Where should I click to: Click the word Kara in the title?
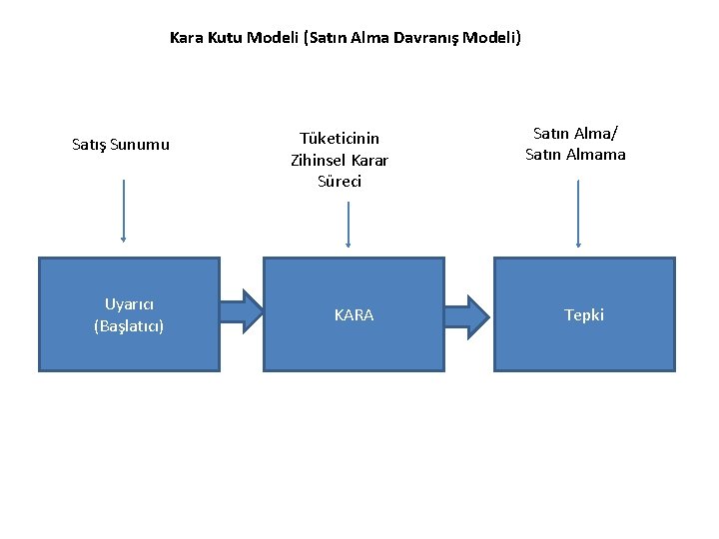pos(186,39)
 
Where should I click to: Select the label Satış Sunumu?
pos(121,145)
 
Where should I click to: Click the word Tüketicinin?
pos(340,139)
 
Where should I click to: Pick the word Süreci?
pos(340,182)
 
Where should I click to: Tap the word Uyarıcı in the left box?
pos(129,303)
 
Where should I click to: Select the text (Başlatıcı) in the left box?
pos(129,325)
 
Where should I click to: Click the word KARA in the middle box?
pos(354,315)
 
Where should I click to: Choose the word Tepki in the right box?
pos(584,315)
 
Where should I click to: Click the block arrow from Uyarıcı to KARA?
pos(241,310)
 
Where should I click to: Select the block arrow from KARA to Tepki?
pos(466,314)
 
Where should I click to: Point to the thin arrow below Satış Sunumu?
pos(124,210)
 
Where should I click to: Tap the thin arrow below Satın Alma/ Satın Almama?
pos(578,212)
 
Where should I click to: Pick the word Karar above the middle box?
pos(369,160)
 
